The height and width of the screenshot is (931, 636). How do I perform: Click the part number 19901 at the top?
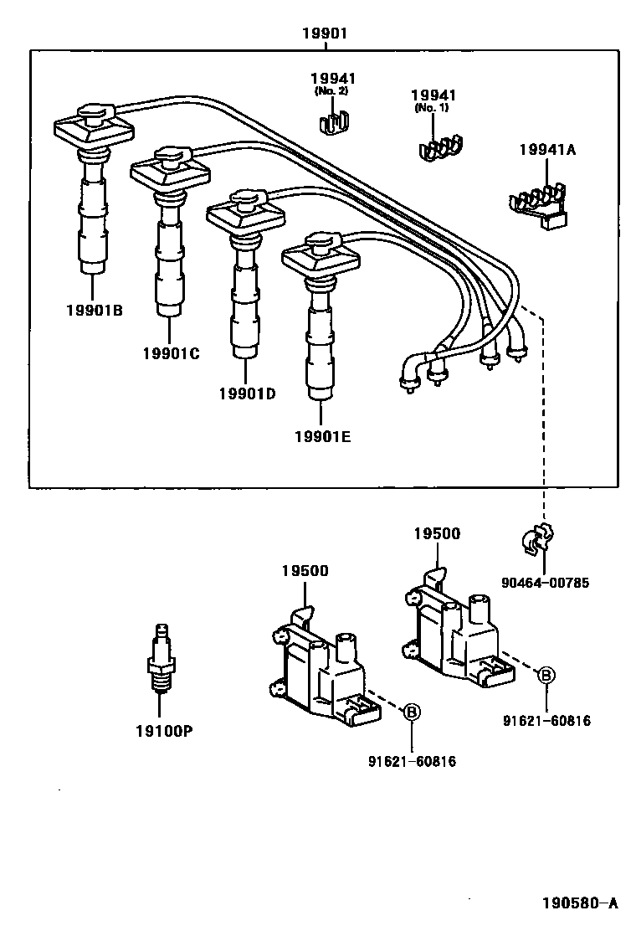click(324, 33)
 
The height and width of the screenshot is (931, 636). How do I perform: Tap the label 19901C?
click(171, 353)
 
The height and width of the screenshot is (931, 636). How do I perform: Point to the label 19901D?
click(247, 393)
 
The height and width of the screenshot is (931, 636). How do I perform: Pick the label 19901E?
click(322, 436)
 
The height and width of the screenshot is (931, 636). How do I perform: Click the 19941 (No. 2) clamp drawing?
click(335, 123)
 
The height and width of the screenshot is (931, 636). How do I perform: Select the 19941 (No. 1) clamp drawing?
click(441, 147)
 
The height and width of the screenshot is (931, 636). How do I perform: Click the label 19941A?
click(546, 152)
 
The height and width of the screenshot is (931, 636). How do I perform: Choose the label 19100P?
click(164, 731)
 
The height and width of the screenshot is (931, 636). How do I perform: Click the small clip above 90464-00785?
click(540, 541)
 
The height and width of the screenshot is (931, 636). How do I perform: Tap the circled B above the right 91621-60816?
click(546, 674)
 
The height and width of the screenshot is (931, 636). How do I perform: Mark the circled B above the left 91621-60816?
click(412, 712)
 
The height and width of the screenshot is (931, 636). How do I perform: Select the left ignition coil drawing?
click(321, 661)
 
